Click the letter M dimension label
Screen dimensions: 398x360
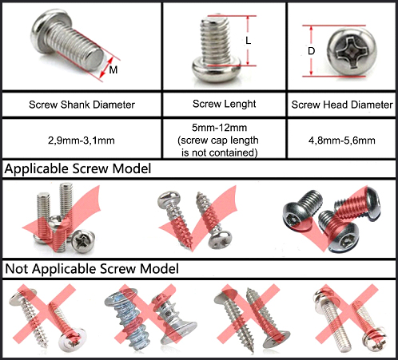pos(113,69)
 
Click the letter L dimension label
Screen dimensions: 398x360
pos(249,41)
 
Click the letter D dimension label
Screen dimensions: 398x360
pos(311,51)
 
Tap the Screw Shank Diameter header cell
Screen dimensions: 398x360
pos(82,105)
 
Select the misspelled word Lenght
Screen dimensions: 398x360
pos(241,104)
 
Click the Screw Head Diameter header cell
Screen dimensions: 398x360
pos(342,105)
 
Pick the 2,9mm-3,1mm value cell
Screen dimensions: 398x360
pos(82,140)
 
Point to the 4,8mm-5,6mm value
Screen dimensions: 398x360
pos(342,140)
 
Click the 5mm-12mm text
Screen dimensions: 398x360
pos(219,128)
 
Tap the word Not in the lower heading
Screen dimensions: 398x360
pos(16,269)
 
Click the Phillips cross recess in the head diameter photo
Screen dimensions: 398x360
pos(352,53)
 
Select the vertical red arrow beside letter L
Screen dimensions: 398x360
pos(248,41)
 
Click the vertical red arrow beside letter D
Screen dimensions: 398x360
pos(311,51)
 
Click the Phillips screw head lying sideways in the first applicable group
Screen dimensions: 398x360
pos(83,241)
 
